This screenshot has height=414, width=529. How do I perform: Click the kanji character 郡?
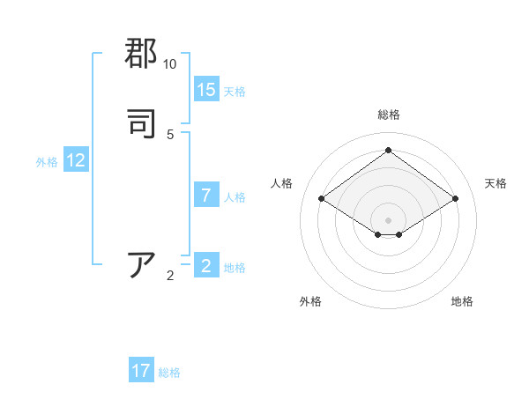tap(142, 54)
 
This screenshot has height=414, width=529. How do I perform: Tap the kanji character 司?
tap(142, 122)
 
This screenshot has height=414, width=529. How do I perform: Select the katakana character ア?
tap(142, 265)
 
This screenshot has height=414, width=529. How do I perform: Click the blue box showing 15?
tap(206, 90)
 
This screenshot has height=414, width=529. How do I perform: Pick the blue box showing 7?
tap(206, 196)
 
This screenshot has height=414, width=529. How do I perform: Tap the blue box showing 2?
tap(206, 266)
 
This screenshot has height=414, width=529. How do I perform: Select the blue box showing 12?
tap(76, 160)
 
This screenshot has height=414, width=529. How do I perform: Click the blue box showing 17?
tap(141, 371)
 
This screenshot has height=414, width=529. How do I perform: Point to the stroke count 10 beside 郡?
tap(169, 64)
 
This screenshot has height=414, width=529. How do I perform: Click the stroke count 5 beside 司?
tap(170, 134)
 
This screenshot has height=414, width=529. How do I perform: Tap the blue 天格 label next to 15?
tap(235, 92)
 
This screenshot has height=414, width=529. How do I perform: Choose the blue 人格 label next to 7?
tap(235, 197)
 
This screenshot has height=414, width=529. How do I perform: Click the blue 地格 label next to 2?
tap(235, 268)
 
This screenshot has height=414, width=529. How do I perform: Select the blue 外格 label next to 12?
tap(47, 162)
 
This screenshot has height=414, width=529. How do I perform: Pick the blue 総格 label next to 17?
tap(169, 373)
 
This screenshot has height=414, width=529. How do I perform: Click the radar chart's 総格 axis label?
tap(388, 115)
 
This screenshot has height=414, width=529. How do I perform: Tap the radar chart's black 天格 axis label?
tap(495, 183)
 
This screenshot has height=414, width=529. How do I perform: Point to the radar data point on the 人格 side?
tap(322, 199)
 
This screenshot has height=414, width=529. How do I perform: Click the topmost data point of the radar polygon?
tap(388, 151)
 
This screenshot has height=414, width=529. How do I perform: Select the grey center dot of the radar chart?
tap(388, 219)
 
